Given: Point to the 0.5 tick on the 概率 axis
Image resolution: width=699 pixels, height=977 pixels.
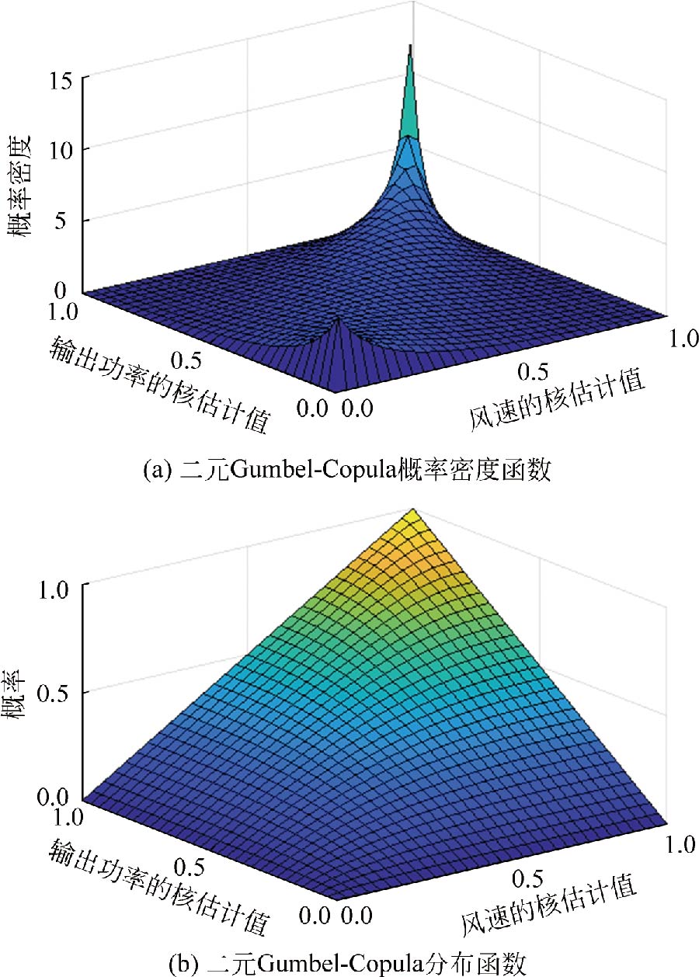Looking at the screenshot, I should point(58,691).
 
